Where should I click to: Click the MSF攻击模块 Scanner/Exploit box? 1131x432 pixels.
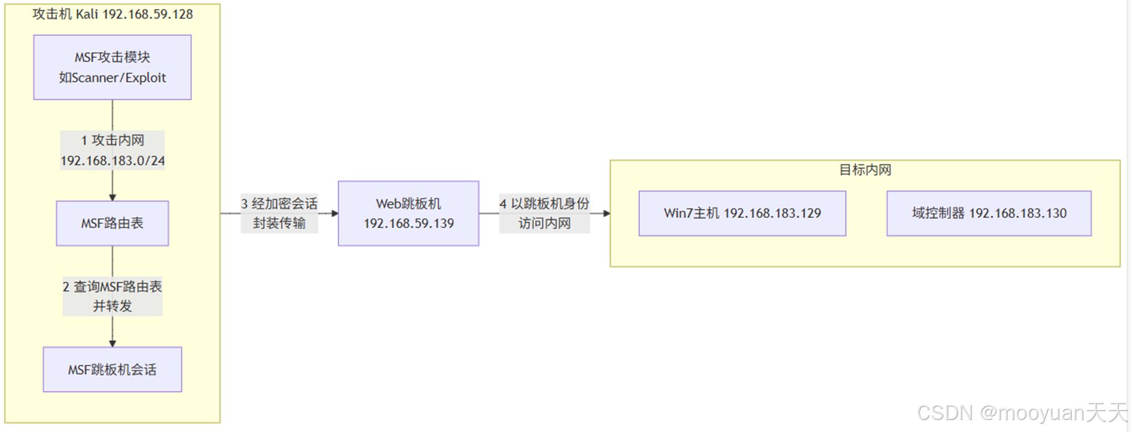112,67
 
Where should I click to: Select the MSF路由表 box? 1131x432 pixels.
112,223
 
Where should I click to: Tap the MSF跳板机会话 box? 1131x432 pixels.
112,369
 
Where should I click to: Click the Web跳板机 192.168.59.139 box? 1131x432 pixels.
408,214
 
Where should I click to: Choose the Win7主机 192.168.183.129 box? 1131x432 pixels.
742,214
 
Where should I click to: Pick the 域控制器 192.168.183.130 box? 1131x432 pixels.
989,214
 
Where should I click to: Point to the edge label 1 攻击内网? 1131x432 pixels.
112,141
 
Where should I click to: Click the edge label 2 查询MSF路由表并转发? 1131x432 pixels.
112,296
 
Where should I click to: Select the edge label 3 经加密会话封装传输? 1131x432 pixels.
279,214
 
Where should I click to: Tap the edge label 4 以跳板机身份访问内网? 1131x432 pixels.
544,214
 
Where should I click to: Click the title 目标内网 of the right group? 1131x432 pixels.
865,170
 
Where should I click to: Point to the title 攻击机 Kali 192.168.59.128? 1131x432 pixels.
112,14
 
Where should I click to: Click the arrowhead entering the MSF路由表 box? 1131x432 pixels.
112,197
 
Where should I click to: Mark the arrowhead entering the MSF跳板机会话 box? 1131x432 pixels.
112,343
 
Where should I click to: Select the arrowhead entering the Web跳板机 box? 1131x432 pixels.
335,214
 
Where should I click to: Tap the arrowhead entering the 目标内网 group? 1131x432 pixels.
606,214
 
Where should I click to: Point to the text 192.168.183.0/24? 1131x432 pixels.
112,160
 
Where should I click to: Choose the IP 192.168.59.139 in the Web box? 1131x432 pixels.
408,224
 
